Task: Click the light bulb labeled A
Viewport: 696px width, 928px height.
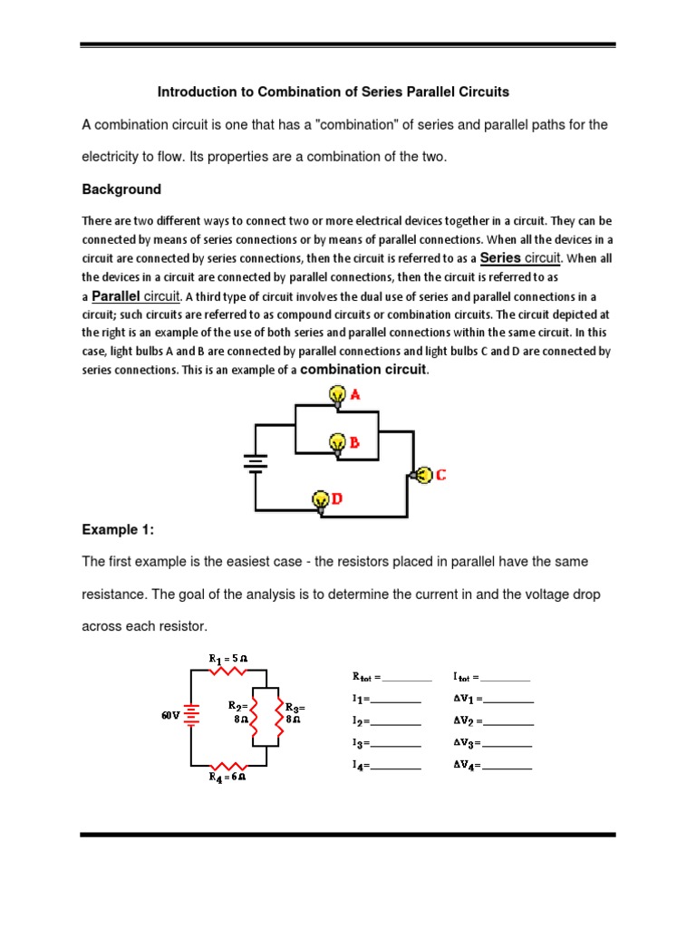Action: tap(337, 395)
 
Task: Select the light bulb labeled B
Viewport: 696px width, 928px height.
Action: tap(337, 442)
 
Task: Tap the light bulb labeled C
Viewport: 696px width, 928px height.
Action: tap(421, 474)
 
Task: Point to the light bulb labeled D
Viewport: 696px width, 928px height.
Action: tap(320, 499)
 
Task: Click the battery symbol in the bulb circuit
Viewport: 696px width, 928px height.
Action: tap(256, 464)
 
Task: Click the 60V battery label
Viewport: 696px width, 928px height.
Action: tap(171, 715)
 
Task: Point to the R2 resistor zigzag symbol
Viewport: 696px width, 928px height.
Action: tap(253, 716)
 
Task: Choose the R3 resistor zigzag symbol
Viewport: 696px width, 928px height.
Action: tap(277, 716)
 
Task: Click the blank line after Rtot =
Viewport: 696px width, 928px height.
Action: tap(409, 677)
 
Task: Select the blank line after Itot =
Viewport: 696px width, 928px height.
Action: tap(506, 677)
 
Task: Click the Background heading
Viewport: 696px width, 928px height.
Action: tap(121, 189)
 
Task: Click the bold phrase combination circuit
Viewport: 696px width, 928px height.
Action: tap(362, 370)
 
